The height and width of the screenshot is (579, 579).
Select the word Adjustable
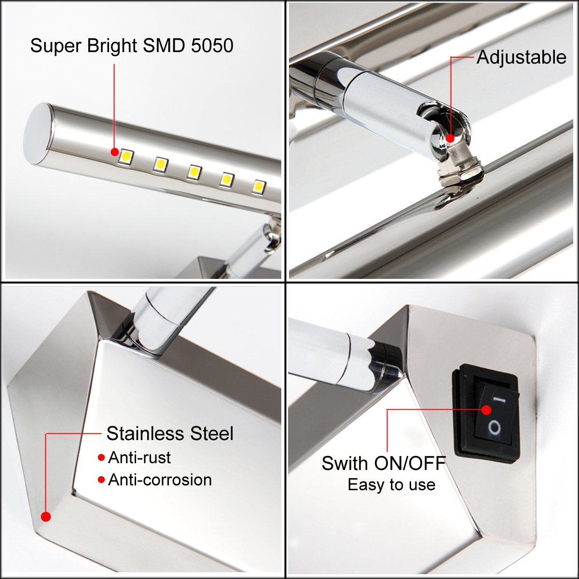coord(521,57)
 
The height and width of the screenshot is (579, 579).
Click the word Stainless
coord(145,434)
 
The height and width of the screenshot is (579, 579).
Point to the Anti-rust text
coord(139,457)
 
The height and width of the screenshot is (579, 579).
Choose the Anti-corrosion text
coord(160,480)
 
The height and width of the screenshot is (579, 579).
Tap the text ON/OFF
coord(410,463)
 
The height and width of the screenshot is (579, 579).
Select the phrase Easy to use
coord(391,484)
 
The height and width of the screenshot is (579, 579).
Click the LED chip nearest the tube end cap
coord(125,157)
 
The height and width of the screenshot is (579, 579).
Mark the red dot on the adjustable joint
coord(450,138)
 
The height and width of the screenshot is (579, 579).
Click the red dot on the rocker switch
coord(486,410)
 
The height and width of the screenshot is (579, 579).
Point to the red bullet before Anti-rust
coord(101,457)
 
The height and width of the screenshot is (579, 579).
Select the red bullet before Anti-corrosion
coord(101,480)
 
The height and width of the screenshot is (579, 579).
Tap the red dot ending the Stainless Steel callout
coord(46,517)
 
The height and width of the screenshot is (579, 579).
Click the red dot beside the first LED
coord(114,152)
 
